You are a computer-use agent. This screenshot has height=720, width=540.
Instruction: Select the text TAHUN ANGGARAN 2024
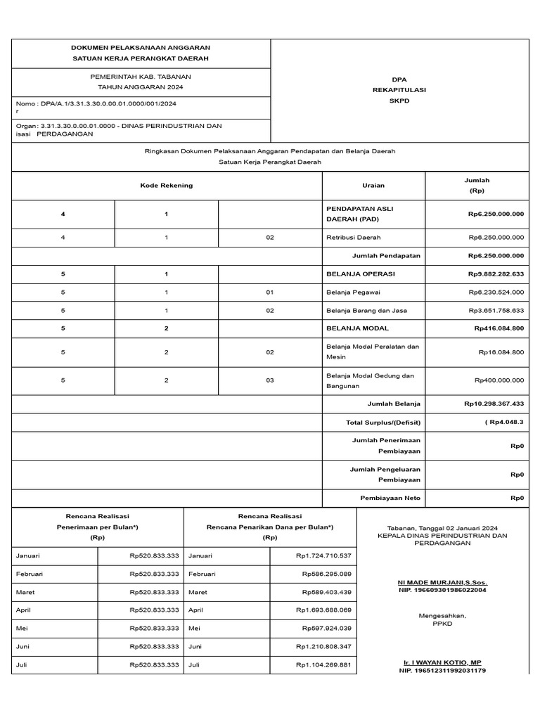pos(141,86)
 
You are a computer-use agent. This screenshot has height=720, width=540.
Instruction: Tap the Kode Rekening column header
pos(167,186)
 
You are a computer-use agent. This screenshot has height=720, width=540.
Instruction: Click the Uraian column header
pos(373,186)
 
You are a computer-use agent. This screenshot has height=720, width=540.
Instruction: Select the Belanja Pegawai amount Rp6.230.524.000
pos(496,292)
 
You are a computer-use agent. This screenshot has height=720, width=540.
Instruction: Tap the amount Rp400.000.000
pos(499,380)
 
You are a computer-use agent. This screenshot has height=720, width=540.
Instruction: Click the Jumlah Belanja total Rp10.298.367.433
pos(494,404)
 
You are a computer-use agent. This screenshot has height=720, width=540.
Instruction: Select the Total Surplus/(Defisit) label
pos(383,422)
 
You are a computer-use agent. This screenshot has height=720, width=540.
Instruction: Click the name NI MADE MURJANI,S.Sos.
pos(442,583)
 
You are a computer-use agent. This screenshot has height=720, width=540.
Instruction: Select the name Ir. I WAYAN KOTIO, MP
pos(442,663)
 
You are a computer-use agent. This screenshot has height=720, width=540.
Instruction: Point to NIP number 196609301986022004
pos(442,591)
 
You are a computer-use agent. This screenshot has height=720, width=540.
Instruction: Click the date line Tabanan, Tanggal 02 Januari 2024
pos(442,528)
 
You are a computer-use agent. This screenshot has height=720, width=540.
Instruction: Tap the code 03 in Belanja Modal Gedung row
pos(270,380)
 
